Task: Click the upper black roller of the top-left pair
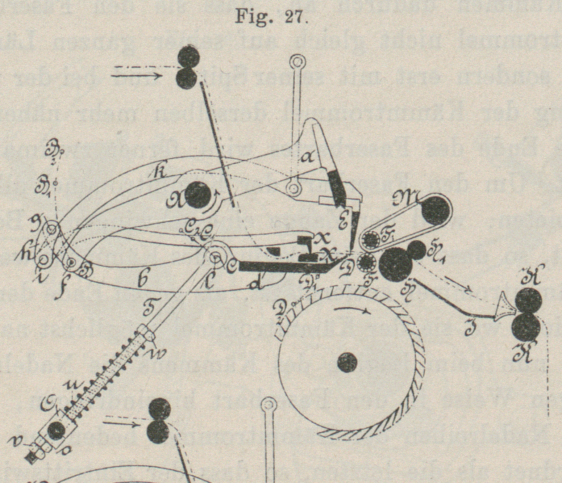189,55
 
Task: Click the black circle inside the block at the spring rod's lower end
56,430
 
